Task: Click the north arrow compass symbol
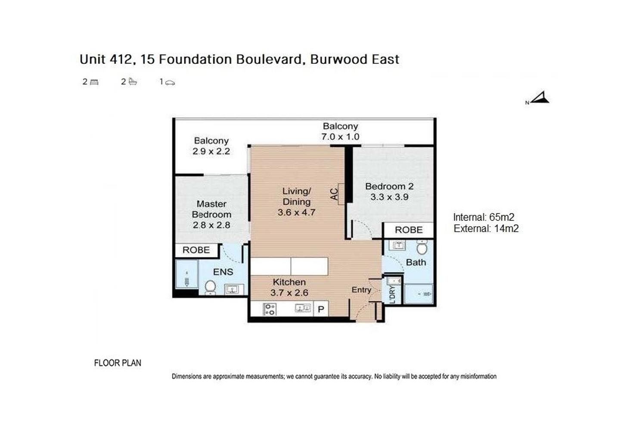pyautogui.click(x=540, y=98)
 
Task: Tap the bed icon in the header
pyautogui.click(x=94, y=82)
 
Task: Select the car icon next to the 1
pyautogui.click(x=170, y=82)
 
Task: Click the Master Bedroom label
pyautogui.click(x=211, y=209)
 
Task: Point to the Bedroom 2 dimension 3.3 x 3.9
pyautogui.click(x=389, y=197)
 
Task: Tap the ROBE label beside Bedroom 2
pyautogui.click(x=409, y=230)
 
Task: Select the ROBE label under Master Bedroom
pyautogui.click(x=196, y=250)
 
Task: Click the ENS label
pyautogui.click(x=223, y=272)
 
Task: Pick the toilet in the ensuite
pyautogui.click(x=210, y=287)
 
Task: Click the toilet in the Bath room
pyautogui.click(x=422, y=248)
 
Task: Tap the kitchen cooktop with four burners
pyautogui.click(x=270, y=309)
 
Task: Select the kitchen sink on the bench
pyautogui.click(x=303, y=308)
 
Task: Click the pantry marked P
pyautogui.click(x=321, y=309)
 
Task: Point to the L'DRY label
pyautogui.click(x=392, y=295)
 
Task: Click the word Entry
pyautogui.click(x=361, y=290)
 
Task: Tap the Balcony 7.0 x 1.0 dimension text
pyautogui.click(x=340, y=137)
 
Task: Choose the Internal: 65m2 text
pyautogui.click(x=484, y=217)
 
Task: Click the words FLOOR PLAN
pyautogui.click(x=118, y=363)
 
